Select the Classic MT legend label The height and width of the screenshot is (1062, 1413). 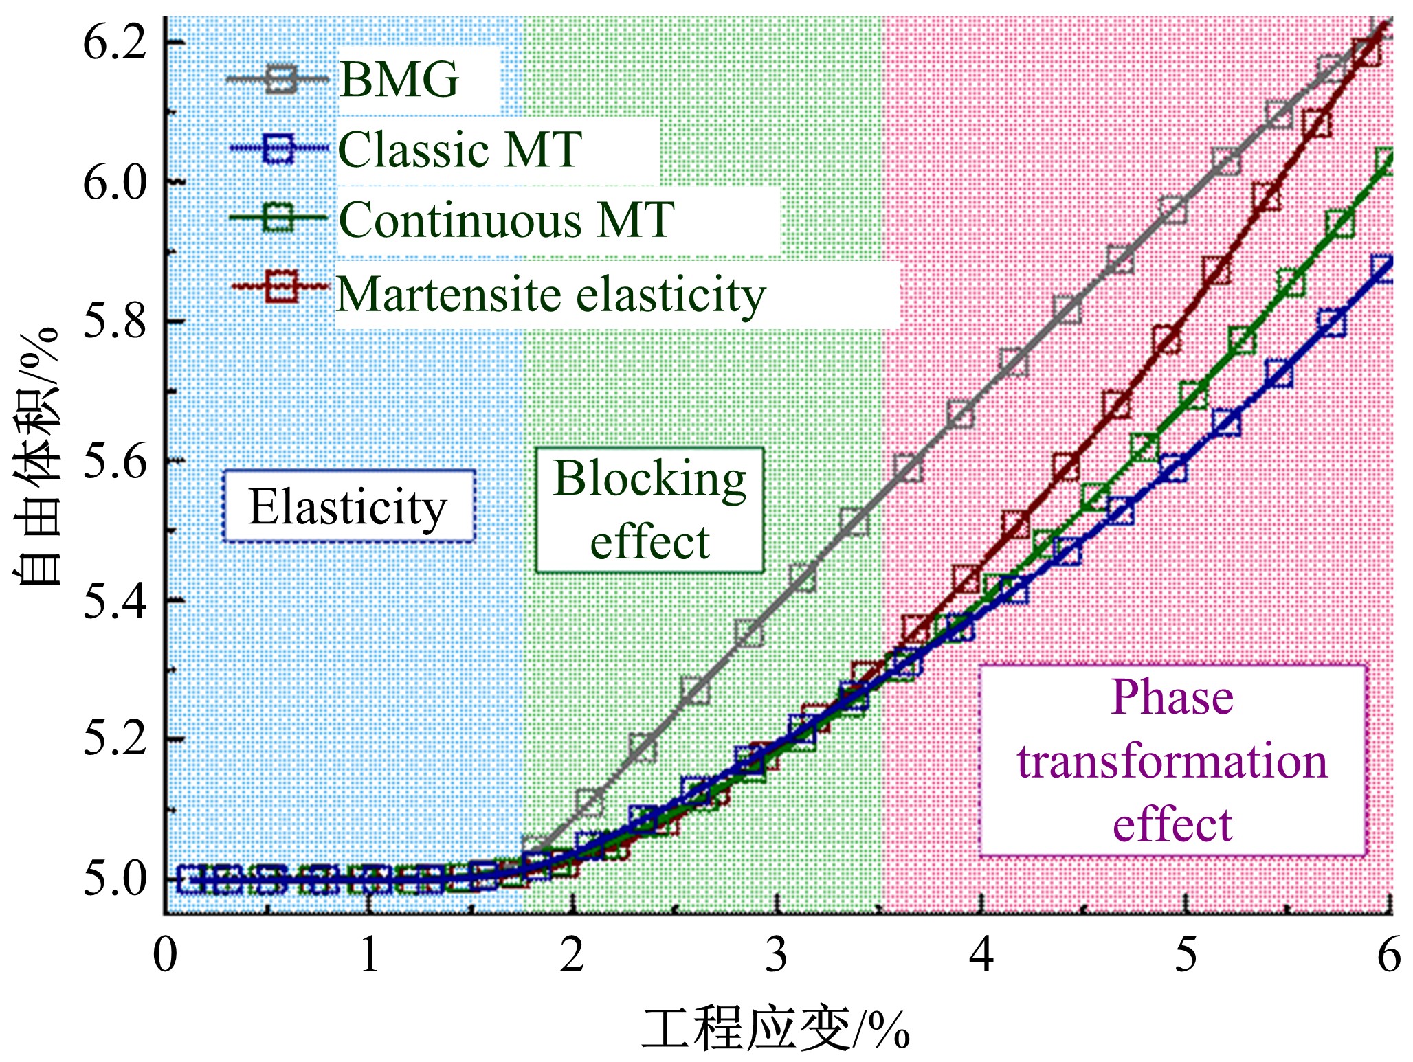(x=460, y=150)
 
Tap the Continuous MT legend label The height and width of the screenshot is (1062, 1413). (x=506, y=221)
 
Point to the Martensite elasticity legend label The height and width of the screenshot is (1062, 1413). (x=550, y=295)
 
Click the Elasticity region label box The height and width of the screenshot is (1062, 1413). (x=348, y=507)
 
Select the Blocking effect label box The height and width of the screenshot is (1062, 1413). (x=649, y=510)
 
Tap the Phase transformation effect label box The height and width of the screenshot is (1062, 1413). (x=1172, y=760)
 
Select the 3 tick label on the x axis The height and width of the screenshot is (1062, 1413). (x=777, y=955)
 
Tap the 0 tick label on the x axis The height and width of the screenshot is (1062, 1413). (x=165, y=955)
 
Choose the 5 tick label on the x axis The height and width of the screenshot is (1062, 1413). (x=1186, y=955)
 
